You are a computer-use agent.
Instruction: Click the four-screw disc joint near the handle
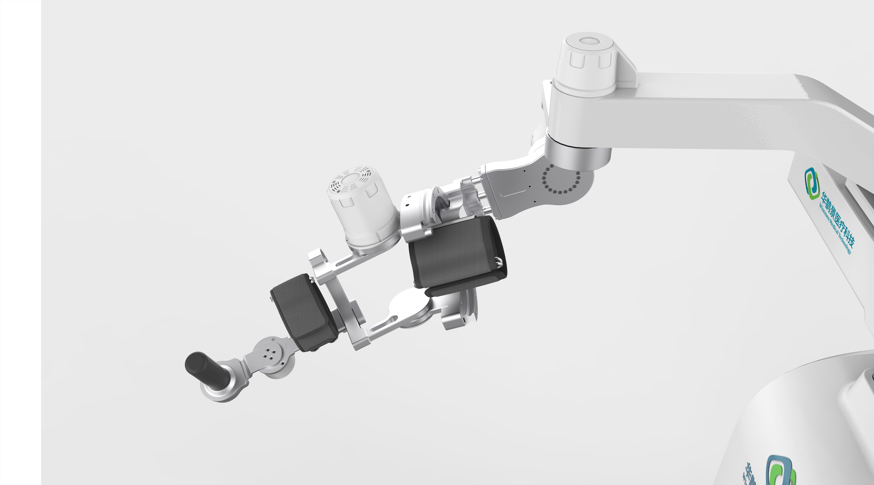pos(270,356)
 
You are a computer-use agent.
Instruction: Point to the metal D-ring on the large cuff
pos(499,262)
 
